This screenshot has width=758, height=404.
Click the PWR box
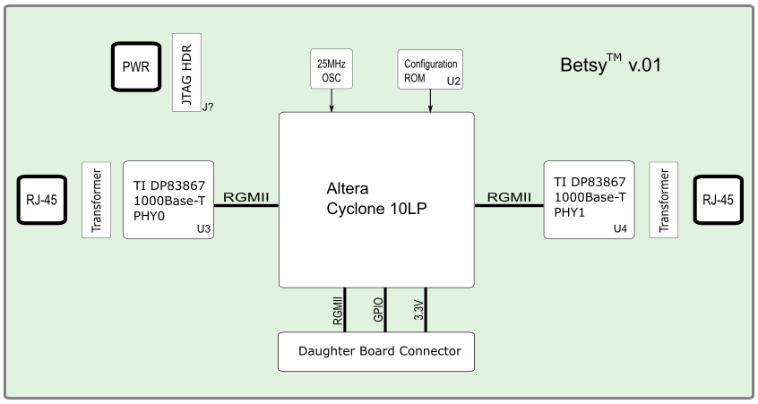[136, 66]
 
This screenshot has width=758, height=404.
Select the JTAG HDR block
[186, 72]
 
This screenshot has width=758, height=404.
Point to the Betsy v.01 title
[609, 65]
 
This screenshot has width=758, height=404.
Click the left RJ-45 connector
[40, 200]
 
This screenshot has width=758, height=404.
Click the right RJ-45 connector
[718, 200]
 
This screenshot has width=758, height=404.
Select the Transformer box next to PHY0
[96, 200]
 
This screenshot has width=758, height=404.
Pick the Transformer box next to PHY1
[664, 200]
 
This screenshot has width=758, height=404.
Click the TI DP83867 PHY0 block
[168, 199]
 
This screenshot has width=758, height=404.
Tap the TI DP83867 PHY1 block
[589, 199]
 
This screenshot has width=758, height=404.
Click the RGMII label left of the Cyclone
[245, 197]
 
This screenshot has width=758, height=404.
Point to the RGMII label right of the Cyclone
[508, 197]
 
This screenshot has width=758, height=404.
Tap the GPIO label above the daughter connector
[378, 309]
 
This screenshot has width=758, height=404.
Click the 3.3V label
[418, 311]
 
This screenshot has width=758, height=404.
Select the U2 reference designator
[453, 82]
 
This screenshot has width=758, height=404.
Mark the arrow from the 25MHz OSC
[332, 100]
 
